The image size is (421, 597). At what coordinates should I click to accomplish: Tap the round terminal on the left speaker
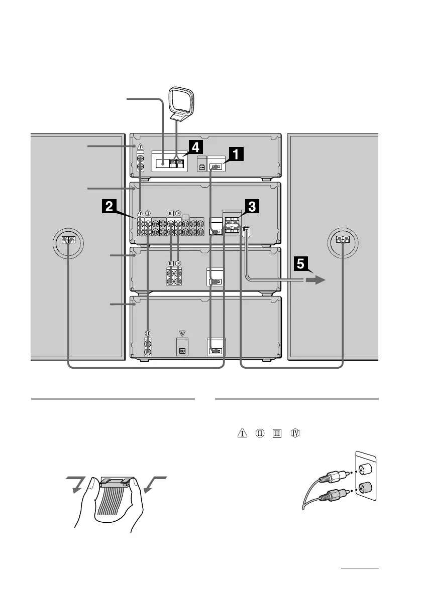68,240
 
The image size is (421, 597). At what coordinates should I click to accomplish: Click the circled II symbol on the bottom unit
148,333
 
